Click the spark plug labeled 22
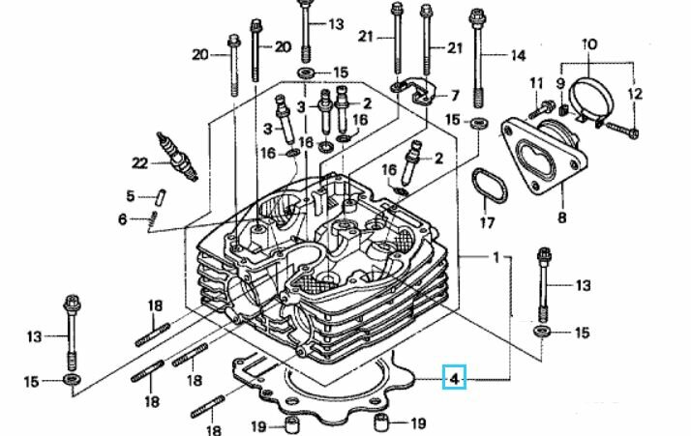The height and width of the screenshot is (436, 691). pyautogui.click(x=175, y=156)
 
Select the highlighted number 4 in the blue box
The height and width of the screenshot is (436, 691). pyautogui.click(x=455, y=378)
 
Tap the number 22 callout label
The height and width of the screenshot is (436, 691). pyautogui.click(x=139, y=163)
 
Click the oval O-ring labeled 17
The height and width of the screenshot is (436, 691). pyautogui.click(x=489, y=186)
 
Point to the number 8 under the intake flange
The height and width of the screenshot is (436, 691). pyautogui.click(x=562, y=218)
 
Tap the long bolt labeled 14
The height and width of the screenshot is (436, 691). pyautogui.click(x=478, y=57)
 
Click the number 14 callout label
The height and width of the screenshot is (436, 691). pyautogui.click(x=519, y=55)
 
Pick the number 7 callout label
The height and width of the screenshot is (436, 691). pyautogui.click(x=455, y=95)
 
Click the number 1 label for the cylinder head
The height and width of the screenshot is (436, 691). pyautogui.click(x=496, y=257)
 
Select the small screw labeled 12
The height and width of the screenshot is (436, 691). pyautogui.click(x=622, y=129)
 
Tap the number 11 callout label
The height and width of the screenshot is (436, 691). pyautogui.click(x=536, y=82)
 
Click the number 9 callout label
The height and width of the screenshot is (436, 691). pyautogui.click(x=560, y=82)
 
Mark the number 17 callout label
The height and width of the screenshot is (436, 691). pyautogui.click(x=487, y=223)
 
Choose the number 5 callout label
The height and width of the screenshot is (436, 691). pyautogui.click(x=130, y=195)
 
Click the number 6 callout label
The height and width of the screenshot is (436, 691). pyautogui.click(x=123, y=218)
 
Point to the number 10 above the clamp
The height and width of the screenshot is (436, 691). pyautogui.click(x=589, y=44)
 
